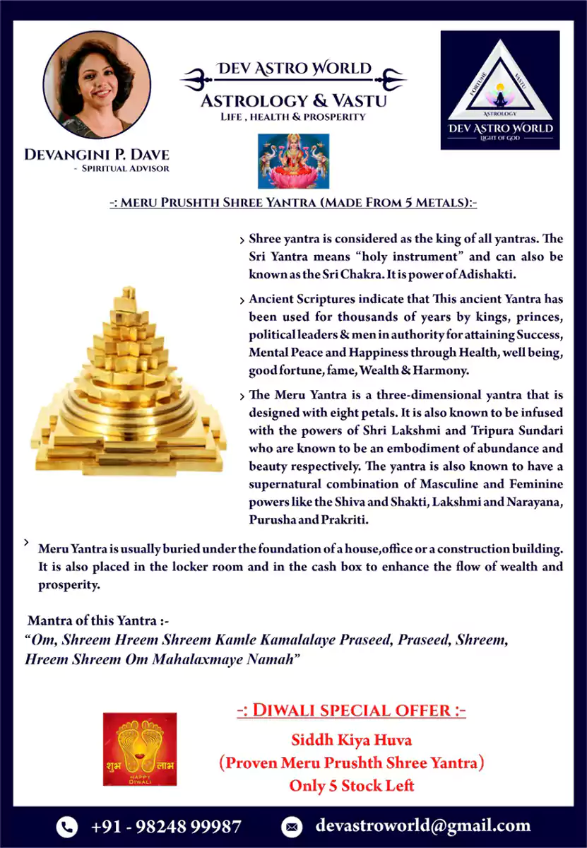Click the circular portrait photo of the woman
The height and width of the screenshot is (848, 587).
click(97, 84)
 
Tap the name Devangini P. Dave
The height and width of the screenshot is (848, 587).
click(97, 154)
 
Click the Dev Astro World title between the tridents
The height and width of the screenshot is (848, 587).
click(293, 69)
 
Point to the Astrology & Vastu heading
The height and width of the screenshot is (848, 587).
click(293, 100)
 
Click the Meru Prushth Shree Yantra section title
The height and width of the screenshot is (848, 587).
click(293, 203)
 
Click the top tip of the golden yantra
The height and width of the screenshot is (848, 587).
click(128, 292)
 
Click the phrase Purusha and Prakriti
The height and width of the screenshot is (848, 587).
click(310, 519)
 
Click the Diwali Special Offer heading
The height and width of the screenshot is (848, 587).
click(351, 710)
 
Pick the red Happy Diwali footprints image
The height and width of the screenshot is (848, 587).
click(140, 748)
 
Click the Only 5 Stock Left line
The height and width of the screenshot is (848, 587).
click(351, 785)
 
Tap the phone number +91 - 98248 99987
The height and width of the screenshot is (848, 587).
click(166, 826)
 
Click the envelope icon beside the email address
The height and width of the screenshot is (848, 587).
click(292, 826)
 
